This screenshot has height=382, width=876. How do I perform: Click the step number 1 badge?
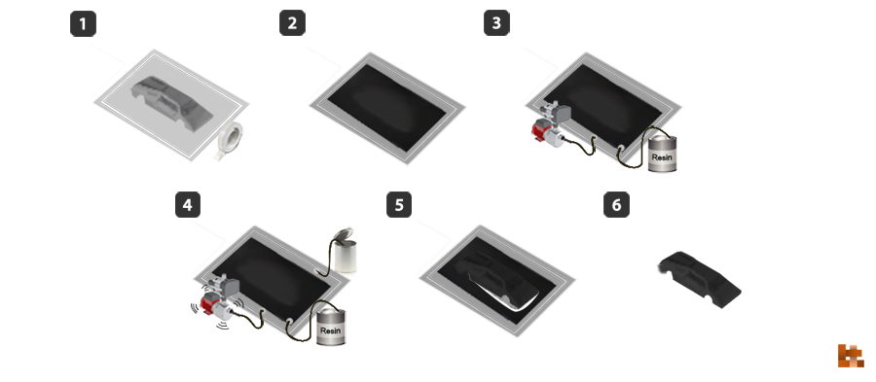point(84,24)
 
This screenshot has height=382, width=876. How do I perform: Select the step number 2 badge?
point(292,24)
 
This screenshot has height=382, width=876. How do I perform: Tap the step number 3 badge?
point(496,24)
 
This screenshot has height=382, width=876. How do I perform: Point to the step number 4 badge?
point(188,205)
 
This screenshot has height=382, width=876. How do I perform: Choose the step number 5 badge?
point(399,205)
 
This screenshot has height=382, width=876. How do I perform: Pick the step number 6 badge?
point(616,205)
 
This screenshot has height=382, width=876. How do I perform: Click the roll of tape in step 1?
point(230,141)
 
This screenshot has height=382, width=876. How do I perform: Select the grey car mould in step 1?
point(172,104)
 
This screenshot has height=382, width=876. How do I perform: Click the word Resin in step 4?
point(330,330)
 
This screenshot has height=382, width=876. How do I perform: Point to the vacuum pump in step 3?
point(550,124)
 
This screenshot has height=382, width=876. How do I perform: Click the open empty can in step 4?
point(343,250)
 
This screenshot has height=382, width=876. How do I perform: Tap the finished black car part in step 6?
point(700,280)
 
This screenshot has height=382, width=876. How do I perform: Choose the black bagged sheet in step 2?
point(386,108)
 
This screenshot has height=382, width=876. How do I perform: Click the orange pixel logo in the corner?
point(851,356)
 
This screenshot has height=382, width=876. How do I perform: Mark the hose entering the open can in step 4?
point(329,256)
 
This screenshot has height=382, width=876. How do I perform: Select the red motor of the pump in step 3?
point(540,130)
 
